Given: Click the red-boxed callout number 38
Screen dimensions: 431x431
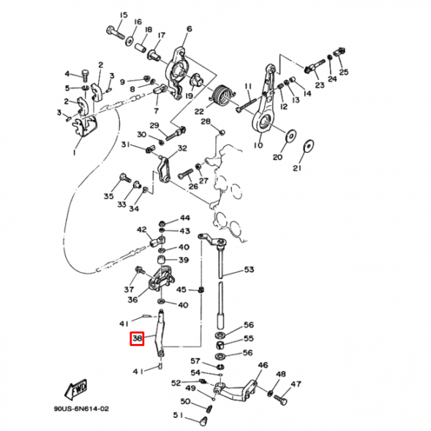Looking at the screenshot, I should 137,340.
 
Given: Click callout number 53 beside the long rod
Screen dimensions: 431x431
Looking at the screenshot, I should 249,270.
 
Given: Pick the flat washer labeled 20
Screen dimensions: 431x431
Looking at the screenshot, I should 291,136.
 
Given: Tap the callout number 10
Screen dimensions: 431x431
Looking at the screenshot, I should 258,146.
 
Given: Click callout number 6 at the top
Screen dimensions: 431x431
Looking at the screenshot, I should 189,29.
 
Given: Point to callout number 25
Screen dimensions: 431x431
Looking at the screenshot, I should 344,72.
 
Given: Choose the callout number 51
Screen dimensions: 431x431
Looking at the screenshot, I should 178,416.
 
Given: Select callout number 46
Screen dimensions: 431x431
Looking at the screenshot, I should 263,365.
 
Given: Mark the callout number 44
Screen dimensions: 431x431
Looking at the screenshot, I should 184,218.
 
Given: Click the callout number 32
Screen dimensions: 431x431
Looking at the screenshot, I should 182,148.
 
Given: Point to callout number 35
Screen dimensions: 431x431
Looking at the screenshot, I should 108,196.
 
